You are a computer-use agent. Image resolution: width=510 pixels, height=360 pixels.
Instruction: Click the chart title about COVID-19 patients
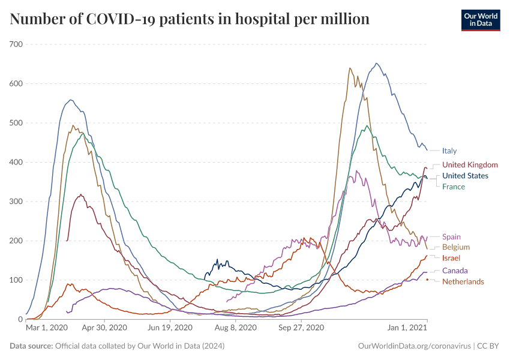(190, 19)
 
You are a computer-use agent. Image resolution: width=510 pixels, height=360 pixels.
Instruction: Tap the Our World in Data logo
(480, 20)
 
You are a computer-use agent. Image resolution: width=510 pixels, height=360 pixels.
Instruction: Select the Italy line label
(450, 151)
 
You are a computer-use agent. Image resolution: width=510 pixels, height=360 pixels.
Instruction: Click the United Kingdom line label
(470, 164)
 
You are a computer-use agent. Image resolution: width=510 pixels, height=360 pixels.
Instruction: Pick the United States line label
(465, 176)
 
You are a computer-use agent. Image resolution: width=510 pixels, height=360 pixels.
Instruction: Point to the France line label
(454, 187)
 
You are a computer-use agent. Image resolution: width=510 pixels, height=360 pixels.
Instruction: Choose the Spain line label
(451, 237)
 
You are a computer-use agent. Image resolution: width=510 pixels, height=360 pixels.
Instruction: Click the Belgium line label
(456, 247)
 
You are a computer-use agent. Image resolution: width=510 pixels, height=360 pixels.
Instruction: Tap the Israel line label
(451, 257)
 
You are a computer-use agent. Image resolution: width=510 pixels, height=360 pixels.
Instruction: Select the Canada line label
(455, 271)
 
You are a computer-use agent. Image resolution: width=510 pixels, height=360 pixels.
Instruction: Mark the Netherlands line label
(463, 281)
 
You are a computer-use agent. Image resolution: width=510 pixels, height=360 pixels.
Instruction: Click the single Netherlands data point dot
(427, 280)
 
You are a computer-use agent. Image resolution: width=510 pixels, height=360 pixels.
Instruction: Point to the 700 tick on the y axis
(16, 44)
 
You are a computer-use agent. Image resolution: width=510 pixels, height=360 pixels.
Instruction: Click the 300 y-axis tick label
(16, 202)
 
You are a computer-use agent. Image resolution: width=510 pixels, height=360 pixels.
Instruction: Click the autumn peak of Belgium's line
(350, 68)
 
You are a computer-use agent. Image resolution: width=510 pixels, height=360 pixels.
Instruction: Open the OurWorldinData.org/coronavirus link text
(414, 346)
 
